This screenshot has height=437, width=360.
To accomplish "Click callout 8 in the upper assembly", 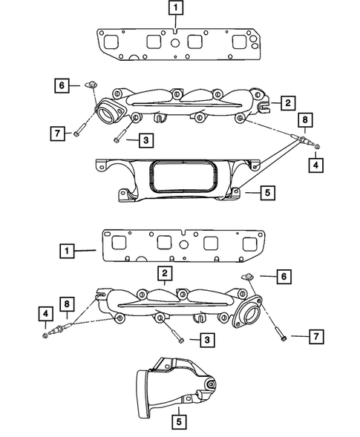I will tap(303, 119).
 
